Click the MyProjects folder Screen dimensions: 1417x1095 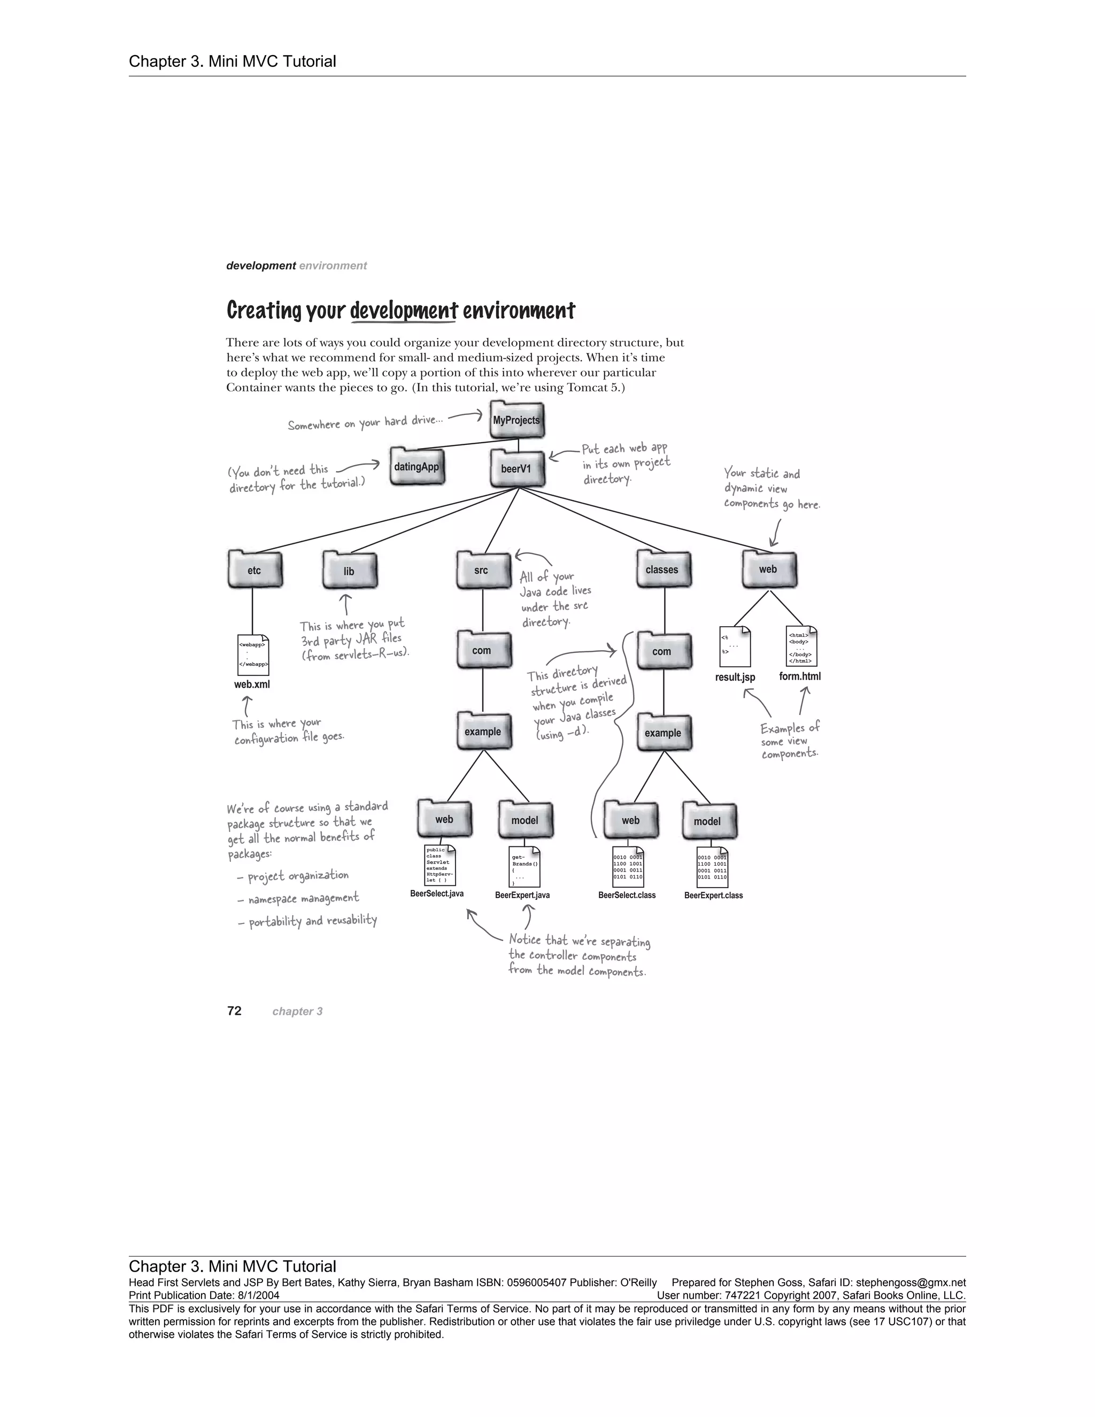pos(516,420)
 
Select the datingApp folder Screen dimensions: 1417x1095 pos(417,466)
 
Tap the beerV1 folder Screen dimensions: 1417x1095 pos(517,468)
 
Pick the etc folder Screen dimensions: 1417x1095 pos(255,569)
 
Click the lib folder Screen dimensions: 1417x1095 pos(350,571)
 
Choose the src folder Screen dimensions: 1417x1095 pos(482,569)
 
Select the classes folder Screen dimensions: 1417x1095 pos(663,569)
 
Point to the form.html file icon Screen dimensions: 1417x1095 pos(800,645)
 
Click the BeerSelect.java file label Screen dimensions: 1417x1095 pos(437,894)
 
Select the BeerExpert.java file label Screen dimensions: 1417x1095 pos(522,895)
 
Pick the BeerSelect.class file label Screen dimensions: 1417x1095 pos(627,895)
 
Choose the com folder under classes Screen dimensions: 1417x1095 pos(662,651)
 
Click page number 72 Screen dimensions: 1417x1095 pos(234,1011)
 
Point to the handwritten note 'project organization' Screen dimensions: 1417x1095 pos(298,876)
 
